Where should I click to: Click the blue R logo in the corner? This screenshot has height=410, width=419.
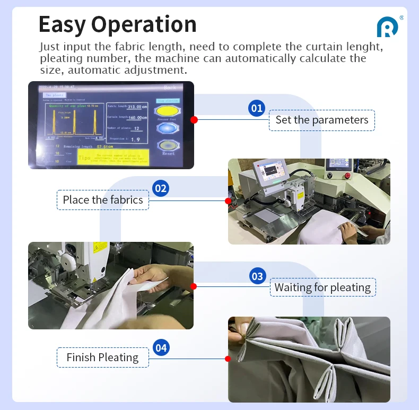click(x=387, y=27)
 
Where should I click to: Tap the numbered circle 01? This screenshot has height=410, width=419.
click(x=257, y=108)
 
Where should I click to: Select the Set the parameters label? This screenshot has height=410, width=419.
click(x=321, y=120)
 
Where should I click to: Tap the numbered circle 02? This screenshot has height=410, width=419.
click(x=160, y=188)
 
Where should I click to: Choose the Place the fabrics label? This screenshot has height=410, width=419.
click(x=103, y=200)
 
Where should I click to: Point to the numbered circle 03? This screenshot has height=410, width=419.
click(x=257, y=276)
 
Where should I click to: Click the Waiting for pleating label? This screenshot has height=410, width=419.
click(x=322, y=287)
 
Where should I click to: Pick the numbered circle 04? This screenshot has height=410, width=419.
click(x=161, y=348)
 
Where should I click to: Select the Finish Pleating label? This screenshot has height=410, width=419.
click(x=102, y=357)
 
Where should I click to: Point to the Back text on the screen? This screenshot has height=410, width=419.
click(x=170, y=87)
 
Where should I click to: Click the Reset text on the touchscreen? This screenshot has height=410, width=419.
click(x=168, y=153)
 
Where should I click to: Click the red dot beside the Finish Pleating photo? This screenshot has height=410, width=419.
click(x=228, y=359)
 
